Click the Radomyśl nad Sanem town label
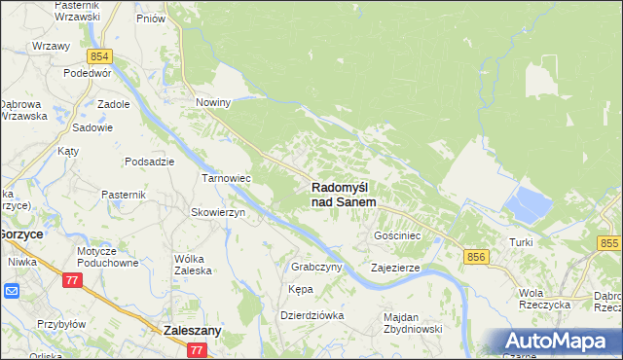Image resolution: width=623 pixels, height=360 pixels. click(x=344, y=194)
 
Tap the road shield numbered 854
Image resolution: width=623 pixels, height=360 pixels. click(x=99, y=57)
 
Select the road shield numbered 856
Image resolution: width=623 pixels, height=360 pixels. click(x=476, y=256)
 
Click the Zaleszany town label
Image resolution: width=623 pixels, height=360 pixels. click(x=193, y=331)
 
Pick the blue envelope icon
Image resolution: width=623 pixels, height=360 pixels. click(x=11, y=290)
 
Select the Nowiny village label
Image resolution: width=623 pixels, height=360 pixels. click(x=212, y=102)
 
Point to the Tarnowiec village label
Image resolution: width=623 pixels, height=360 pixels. click(x=226, y=179)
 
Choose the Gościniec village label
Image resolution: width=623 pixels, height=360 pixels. click(x=397, y=235)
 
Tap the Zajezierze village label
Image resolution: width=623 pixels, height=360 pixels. click(x=395, y=267)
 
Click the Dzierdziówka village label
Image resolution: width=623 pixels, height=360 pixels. click(x=312, y=315)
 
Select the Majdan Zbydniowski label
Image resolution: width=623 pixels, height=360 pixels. click(x=414, y=323)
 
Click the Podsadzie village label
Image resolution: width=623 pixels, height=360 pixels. click(x=150, y=162)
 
